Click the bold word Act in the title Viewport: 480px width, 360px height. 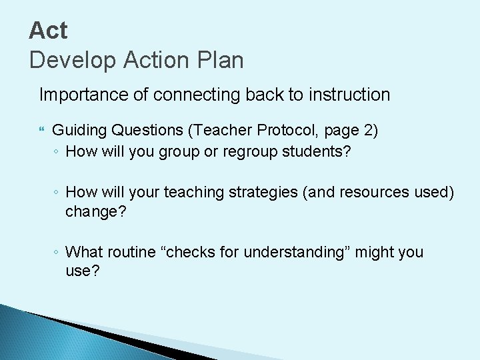pyautogui.click(x=49, y=30)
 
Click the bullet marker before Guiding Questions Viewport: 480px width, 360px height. pyautogui.click(x=41, y=129)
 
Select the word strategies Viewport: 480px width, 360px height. pyautogui.click(x=262, y=192)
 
